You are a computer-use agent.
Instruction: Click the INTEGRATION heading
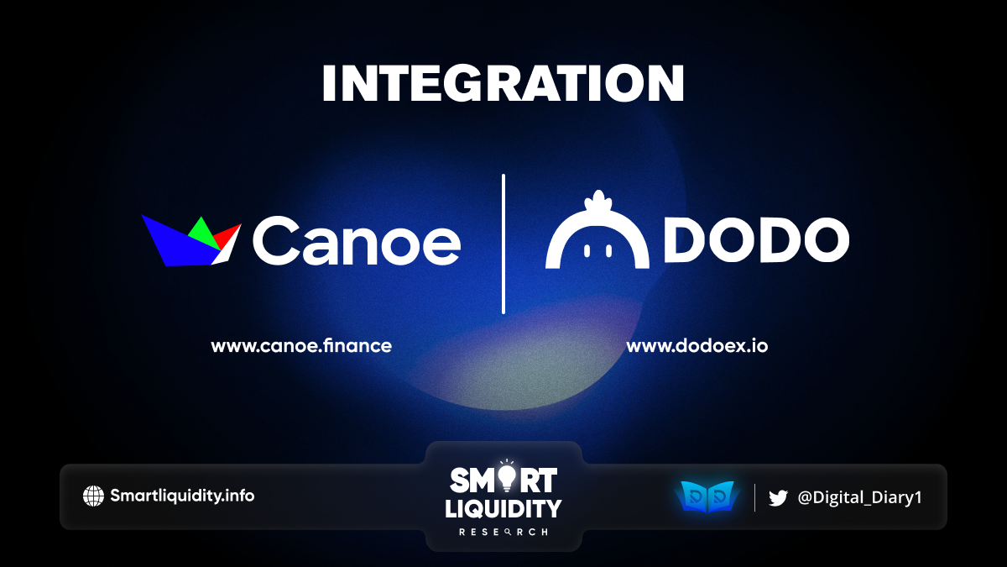pyautogui.click(x=503, y=83)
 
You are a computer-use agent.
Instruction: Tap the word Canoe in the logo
pyautogui.click(x=357, y=241)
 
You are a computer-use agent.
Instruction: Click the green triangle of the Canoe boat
pyautogui.click(x=203, y=234)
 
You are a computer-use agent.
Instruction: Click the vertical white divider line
pyautogui.click(x=503, y=244)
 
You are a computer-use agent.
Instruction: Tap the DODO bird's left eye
pyautogui.click(x=587, y=250)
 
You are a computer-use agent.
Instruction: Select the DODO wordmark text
pyautogui.click(x=757, y=240)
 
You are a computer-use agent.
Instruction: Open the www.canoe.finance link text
pyautogui.click(x=301, y=346)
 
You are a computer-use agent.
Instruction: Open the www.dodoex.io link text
pyautogui.click(x=697, y=346)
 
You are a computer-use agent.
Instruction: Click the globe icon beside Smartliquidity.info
pyautogui.click(x=93, y=496)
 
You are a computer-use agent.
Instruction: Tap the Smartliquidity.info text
pyautogui.click(x=182, y=496)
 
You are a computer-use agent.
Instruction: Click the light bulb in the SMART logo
pyautogui.click(x=507, y=475)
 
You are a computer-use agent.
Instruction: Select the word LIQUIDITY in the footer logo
pyautogui.click(x=503, y=509)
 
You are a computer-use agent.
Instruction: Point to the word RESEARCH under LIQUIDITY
pyautogui.click(x=503, y=533)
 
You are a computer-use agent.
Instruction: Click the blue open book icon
pyautogui.click(x=707, y=496)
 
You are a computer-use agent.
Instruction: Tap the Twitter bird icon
pyautogui.click(x=778, y=498)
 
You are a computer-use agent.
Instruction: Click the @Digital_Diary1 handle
pyautogui.click(x=859, y=497)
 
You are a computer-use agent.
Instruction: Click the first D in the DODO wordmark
pyautogui.click(x=685, y=240)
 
